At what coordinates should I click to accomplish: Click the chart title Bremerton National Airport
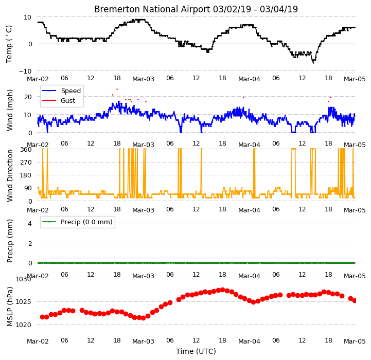(x=152, y=9)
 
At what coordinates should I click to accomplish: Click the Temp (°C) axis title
(x=9, y=44)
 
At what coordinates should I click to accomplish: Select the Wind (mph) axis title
(x=9, y=110)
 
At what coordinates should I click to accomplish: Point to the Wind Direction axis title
(x=10, y=175)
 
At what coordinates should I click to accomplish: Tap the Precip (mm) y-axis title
(x=10, y=241)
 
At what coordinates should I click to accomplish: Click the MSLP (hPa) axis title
(x=10, y=307)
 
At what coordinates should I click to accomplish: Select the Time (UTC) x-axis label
(x=196, y=351)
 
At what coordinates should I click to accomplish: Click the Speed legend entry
(x=70, y=91)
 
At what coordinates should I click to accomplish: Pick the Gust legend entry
(x=68, y=100)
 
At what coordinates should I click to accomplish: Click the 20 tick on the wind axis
(x=28, y=97)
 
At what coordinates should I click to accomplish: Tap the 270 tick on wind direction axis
(x=26, y=163)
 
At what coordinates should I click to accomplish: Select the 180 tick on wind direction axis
(x=26, y=175)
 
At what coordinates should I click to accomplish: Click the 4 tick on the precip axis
(x=29, y=223)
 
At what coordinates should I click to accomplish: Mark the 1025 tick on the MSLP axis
(x=23, y=302)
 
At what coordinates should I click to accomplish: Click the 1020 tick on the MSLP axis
(x=23, y=325)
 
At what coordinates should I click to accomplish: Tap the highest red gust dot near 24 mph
(x=117, y=89)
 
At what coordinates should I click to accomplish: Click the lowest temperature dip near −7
(x=313, y=62)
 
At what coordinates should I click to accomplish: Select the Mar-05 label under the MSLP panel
(x=355, y=341)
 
